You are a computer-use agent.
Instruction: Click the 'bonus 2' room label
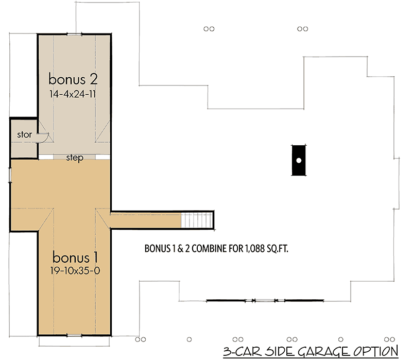[x=73, y=79]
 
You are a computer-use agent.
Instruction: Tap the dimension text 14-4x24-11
[x=73, y=94]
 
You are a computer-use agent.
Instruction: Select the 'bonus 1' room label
[x=76, y=256]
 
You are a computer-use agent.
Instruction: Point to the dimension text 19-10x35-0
[x=76, y=271]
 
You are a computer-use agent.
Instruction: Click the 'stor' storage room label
[x=24, y=135]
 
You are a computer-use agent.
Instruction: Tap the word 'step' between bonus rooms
[x=75, y=158]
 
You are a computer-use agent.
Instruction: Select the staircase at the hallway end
[x=197, y=220]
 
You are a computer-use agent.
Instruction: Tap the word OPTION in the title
[x=375, y=352]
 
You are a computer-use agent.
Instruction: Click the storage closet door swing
[x=45, y=136]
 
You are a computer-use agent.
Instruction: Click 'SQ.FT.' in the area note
[x=276, y=248]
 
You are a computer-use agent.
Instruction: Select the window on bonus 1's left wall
[x=10, y=174]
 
